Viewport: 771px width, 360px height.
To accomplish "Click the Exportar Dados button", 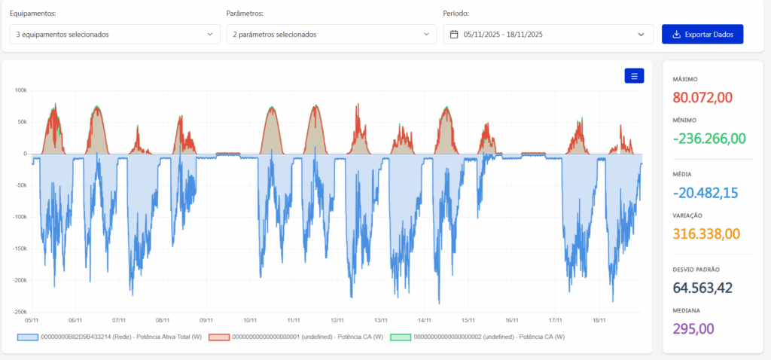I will (x=702, y=35).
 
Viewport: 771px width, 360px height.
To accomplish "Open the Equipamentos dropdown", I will (x=114, y=35).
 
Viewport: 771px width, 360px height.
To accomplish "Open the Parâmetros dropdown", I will (x=331, y=35).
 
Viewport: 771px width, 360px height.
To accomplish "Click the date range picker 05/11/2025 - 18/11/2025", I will (x=548, y=35).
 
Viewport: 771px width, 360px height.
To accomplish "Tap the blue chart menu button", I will (x=634, y=76).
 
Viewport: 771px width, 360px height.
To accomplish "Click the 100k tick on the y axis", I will (x=20, y=90).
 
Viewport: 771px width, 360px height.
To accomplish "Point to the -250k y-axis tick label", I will (x=19, y=312).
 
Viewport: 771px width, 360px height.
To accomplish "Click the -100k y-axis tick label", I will (x=19, y=217).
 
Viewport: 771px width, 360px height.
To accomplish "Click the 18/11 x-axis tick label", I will (x=599, y=320).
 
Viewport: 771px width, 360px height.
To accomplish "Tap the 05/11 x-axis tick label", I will (x=32, y=320).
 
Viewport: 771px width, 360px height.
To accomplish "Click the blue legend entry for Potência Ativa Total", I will (x=120, y=337).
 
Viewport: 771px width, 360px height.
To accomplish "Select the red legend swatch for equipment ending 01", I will (x=218, y=337).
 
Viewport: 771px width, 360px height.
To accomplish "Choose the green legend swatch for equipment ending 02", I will (x=400, y=337).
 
